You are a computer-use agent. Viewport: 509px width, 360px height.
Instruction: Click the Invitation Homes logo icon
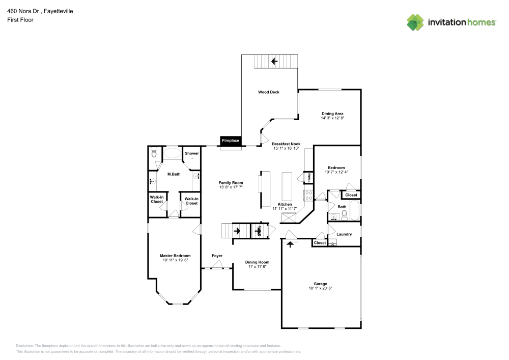pyautogui.click(x=415, y=22)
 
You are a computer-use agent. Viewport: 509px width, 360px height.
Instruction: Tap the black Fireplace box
pyautogui.click(x=230, y=141)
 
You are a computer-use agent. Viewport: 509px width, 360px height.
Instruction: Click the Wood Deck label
pyautogui.click(x=269, y=92)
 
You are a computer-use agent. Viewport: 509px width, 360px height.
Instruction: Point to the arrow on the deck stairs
pyautogui.click(x=274, y=62)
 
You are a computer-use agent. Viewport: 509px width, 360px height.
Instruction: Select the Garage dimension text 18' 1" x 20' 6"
pyautogui.click(x=320, y=288)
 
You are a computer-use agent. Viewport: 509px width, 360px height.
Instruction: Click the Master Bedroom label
pyautogui.click(x=175, y=256)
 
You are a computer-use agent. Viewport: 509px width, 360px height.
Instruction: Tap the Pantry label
pyautogui.click(x=309, y=178)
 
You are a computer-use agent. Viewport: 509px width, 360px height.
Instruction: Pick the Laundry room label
pyautogui.click(x=345, y=234)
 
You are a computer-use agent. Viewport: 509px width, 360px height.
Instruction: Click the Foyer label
pyautogui.click(x=217, y=256)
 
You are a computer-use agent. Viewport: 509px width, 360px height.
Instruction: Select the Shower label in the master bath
pyautogui.click(x=192, y=153)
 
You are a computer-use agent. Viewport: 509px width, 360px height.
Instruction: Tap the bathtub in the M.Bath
pyautogui.click(x=171, y=153)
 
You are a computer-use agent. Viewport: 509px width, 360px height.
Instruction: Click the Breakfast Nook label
pyautogui.click(x=286, y=144)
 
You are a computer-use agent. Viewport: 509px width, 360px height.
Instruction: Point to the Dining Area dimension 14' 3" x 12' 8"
pyautogui.click(x=332, y=118)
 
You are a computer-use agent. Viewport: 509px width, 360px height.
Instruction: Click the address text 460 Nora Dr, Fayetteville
pyautogui.click(x=40, y=10)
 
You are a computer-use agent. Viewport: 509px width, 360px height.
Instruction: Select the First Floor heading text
pyautogui.click(x=20, y=20)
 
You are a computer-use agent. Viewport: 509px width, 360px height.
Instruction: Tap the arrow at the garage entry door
pyautogui.click(x=290, y=244)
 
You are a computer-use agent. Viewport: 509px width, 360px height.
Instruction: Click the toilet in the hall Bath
pyautogui.click(x=345, y=215)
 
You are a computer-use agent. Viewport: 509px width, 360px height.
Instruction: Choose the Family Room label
pyautogui.click(x=231, y=183)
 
